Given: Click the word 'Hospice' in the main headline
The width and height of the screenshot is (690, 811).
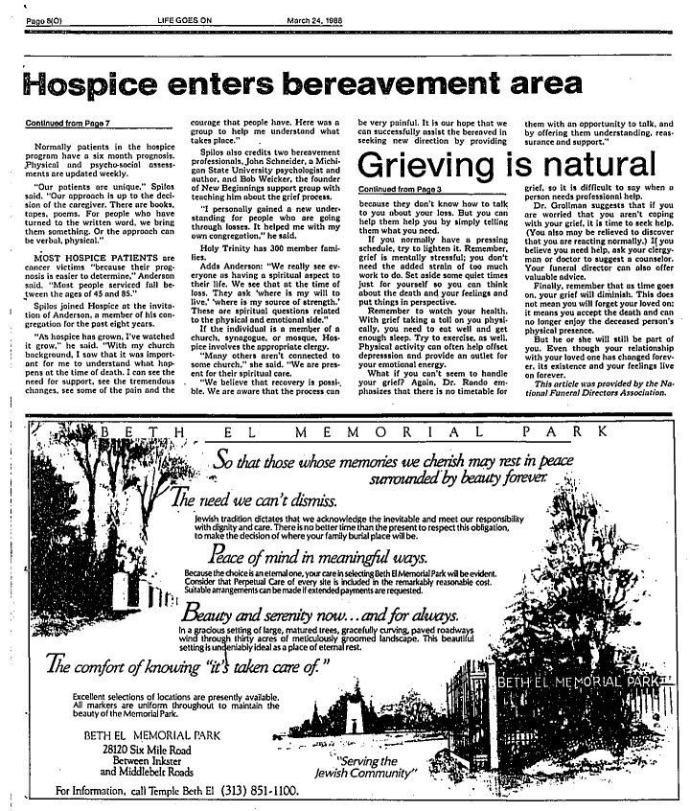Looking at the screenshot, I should point(94,85).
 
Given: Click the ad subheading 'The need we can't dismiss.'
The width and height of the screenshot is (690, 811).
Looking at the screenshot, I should point(254,500).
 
